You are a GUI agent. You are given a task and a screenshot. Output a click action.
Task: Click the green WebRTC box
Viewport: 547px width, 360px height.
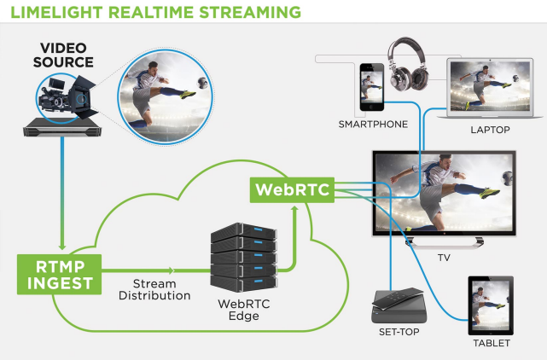click(x=291, y=189)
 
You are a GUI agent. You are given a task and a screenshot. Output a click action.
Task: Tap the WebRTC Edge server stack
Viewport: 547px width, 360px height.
click(x=244, y=254)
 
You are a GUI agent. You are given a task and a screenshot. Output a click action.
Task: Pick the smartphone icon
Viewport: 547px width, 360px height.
click(x=371, y=87)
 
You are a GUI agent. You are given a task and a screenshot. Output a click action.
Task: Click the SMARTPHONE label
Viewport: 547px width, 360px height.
click(x=373, y=125)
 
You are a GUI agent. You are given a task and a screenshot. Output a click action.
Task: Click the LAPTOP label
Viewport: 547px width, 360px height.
click(x=490, y=131)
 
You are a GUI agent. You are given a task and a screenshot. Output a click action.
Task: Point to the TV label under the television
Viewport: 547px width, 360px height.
click(x=444, y=257)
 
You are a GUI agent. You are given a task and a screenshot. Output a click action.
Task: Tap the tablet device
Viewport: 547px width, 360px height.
click(x=491, y=305)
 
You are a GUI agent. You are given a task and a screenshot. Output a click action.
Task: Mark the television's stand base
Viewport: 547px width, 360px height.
click(x=443, y=243)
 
